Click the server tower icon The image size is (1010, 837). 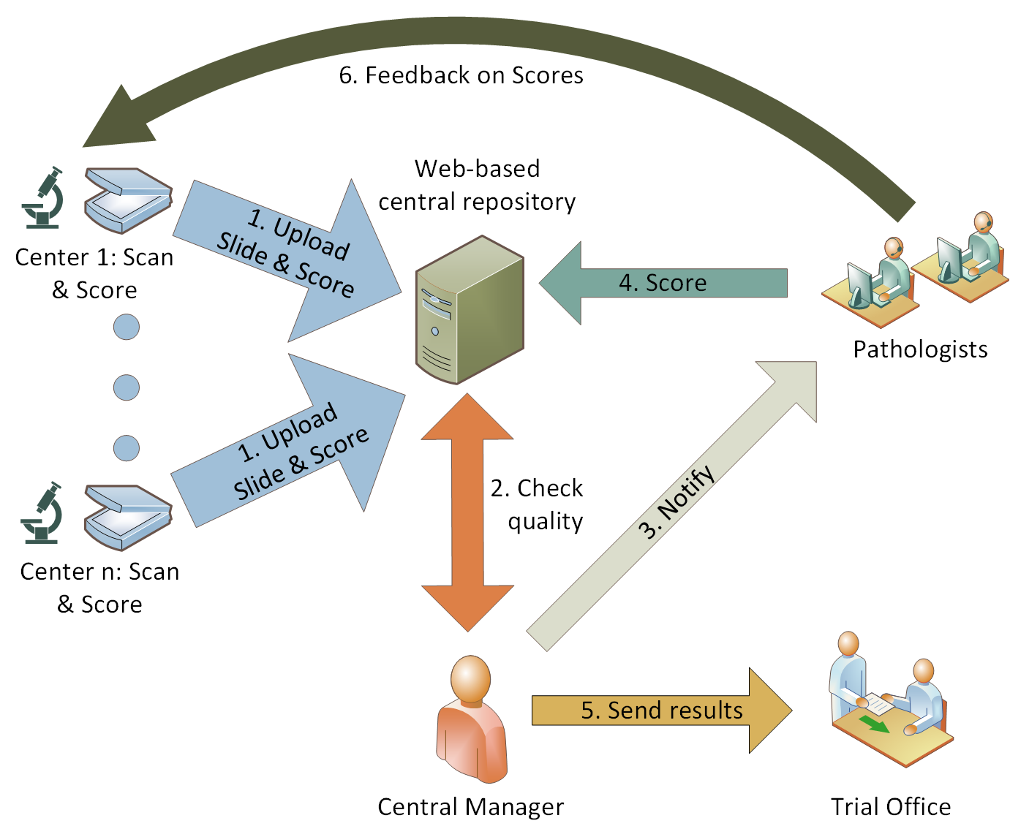pos(469,310)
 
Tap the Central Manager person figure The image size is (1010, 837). pos(471,719)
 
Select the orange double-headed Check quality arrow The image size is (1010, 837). pos(467,512)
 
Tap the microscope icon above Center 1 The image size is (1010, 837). pos(43,198)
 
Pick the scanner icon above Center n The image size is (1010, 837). pos(127,517)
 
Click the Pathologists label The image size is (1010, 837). pos(920,349)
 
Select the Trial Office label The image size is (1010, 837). pos(891,807)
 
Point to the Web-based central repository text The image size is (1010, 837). pos(477,185)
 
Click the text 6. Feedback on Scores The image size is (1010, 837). pos(461,75)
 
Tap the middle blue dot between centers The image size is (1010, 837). pos(127,387)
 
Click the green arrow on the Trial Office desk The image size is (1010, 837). pos(873,724)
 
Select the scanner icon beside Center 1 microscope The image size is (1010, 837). pos(128,200)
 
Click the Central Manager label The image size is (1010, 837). pos(470,807)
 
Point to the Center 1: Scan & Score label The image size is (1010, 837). pos(94,273)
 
